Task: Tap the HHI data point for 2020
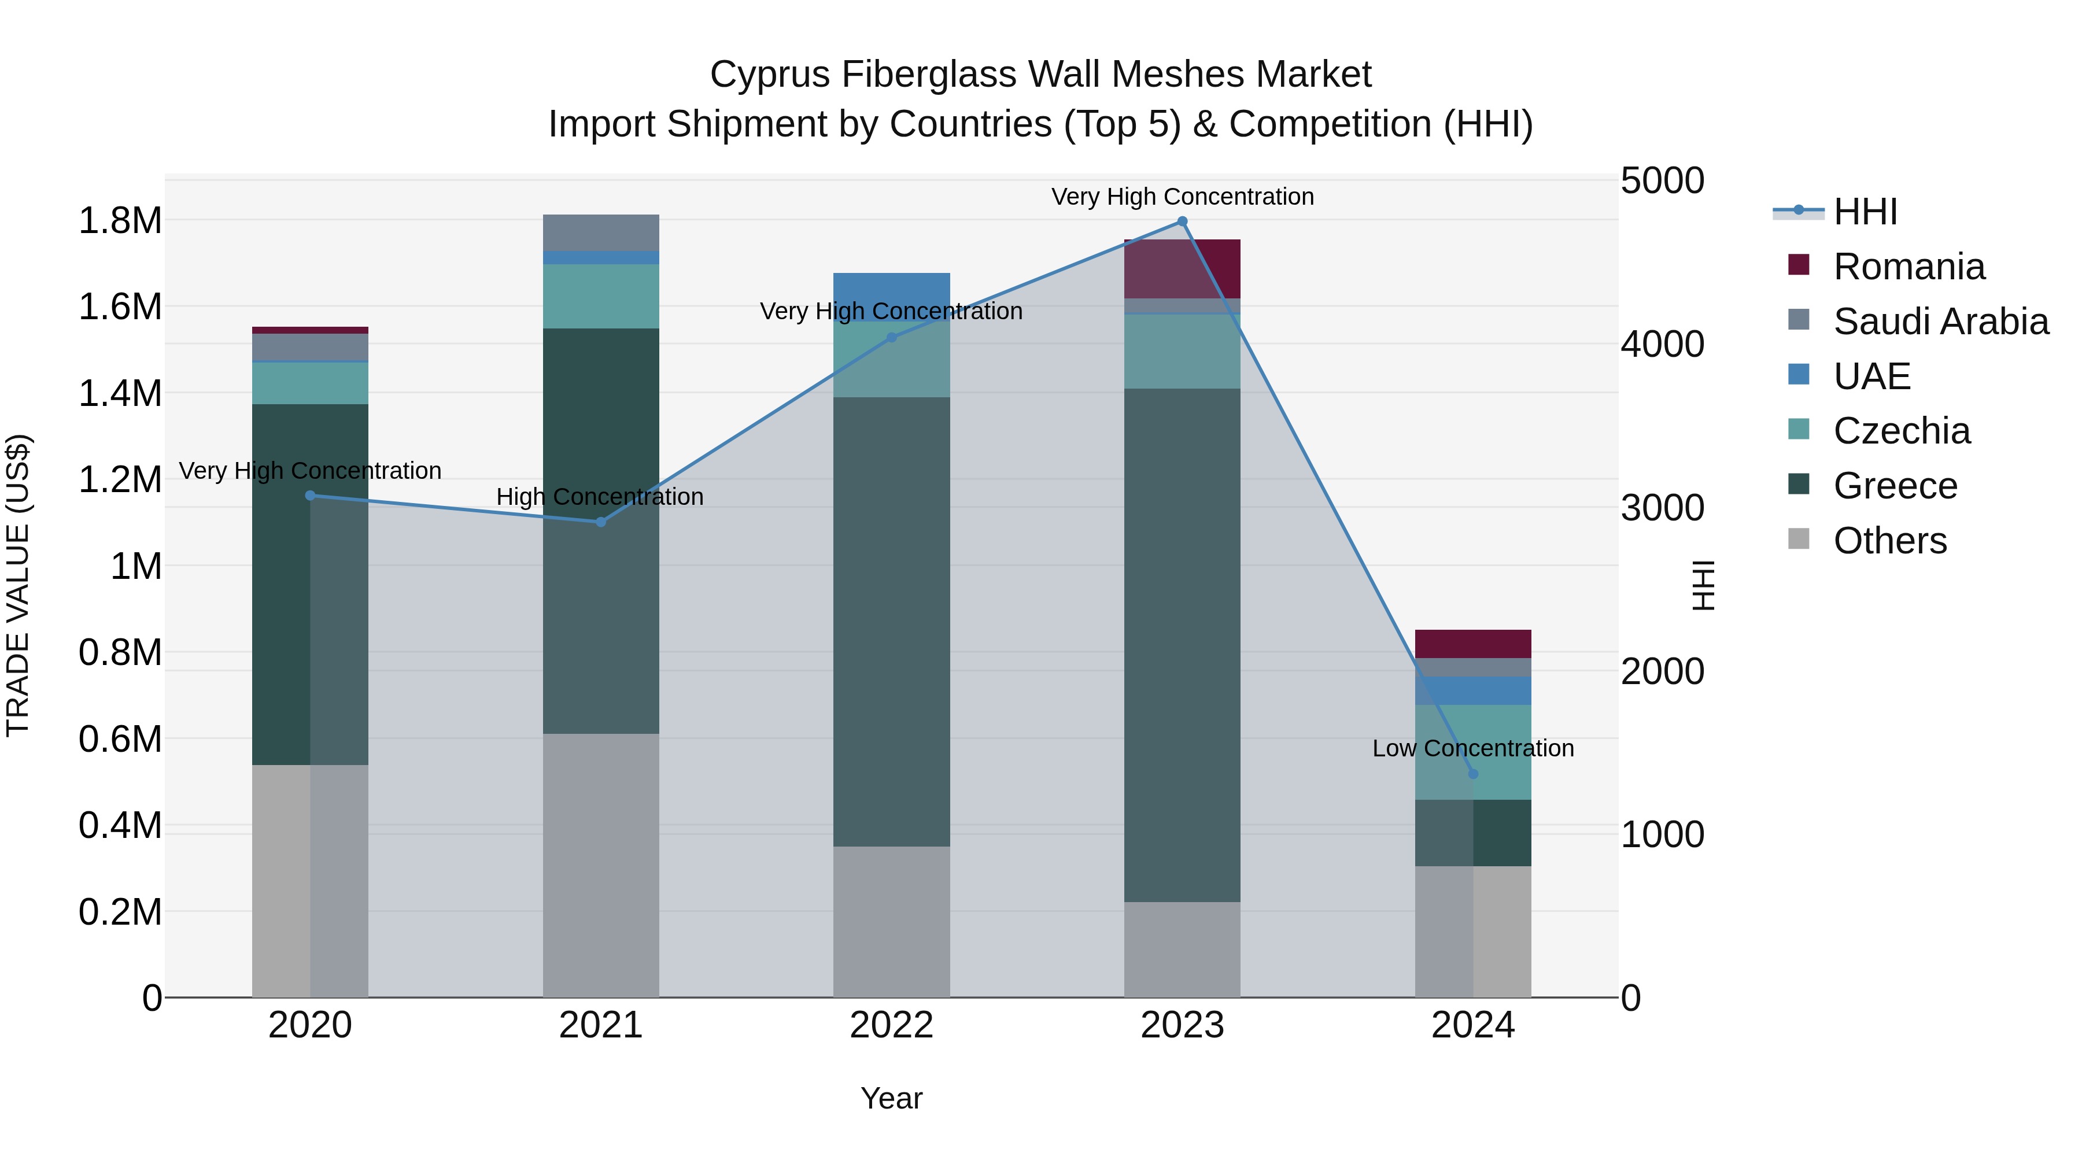(x=311, y=496)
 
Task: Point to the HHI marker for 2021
(x=600, y=522)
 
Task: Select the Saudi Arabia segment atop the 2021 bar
(x=600, y=232)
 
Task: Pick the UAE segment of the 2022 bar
(x=891, y=295)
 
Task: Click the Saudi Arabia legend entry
(x=1940, y=322)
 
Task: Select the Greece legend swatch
(x=1799, y=485)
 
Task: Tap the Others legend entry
(x=1889, y=541)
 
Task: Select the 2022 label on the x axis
(x=891, y=1025)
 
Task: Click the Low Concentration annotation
(x=1472, y=748)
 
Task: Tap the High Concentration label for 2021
(x=600, y=497)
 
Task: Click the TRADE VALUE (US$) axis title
(x=18, y=585)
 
